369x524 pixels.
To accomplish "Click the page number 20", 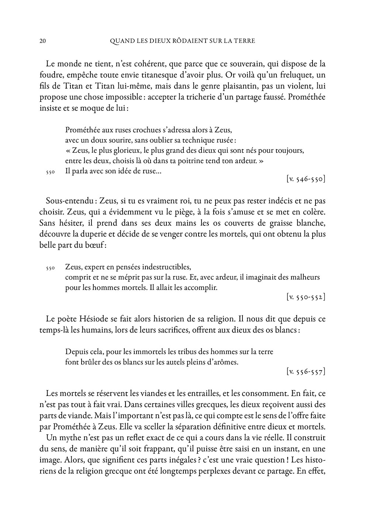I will (42, 41).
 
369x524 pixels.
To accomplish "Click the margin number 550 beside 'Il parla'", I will (51, 172).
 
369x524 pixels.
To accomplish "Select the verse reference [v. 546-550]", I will (306, 179).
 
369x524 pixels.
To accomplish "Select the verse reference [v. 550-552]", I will (306, 296).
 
